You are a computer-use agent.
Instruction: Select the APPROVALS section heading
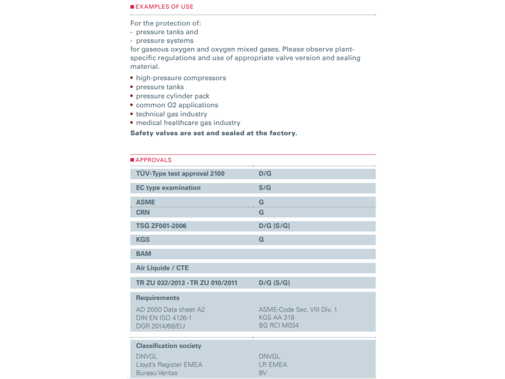(x=153, y=160)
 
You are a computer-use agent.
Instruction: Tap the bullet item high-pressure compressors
(x=181, y=78)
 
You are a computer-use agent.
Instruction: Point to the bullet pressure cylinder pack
(x=173, y=96)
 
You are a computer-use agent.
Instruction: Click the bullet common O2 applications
(x=177, y=105)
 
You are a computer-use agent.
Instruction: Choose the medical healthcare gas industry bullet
(x=188, y=123)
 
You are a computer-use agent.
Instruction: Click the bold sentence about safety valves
(x=213, y=133)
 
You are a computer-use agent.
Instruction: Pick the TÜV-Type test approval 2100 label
(x=180, y=173)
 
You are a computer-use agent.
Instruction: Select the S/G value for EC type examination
(x=265, y=188)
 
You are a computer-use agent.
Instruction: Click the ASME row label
(x=145, y=202)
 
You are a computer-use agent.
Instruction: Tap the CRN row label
(x=143, y=212)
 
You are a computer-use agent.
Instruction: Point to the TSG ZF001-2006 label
(x=161, y=226)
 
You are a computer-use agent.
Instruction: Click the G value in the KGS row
(x=261, y=240)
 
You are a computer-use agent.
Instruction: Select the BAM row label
(x=143, y=254)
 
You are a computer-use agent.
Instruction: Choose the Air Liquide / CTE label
(x=162, y=268)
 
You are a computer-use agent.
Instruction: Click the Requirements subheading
(x=158, y=298)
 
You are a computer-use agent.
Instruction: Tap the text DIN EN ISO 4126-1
(x=163, y=318)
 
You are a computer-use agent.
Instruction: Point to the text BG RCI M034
(x=278, y=325)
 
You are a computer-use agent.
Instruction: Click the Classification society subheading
(x=169, y=346)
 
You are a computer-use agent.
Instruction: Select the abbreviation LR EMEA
(x=273, y=364)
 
